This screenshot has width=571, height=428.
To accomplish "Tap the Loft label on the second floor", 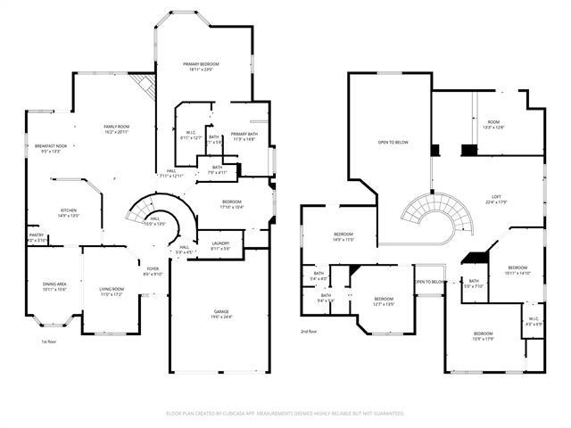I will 496,199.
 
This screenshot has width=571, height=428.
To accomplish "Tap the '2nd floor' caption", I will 310,331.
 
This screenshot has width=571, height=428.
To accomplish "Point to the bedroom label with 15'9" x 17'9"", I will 483,335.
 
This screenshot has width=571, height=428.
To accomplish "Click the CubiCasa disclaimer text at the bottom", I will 285,413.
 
